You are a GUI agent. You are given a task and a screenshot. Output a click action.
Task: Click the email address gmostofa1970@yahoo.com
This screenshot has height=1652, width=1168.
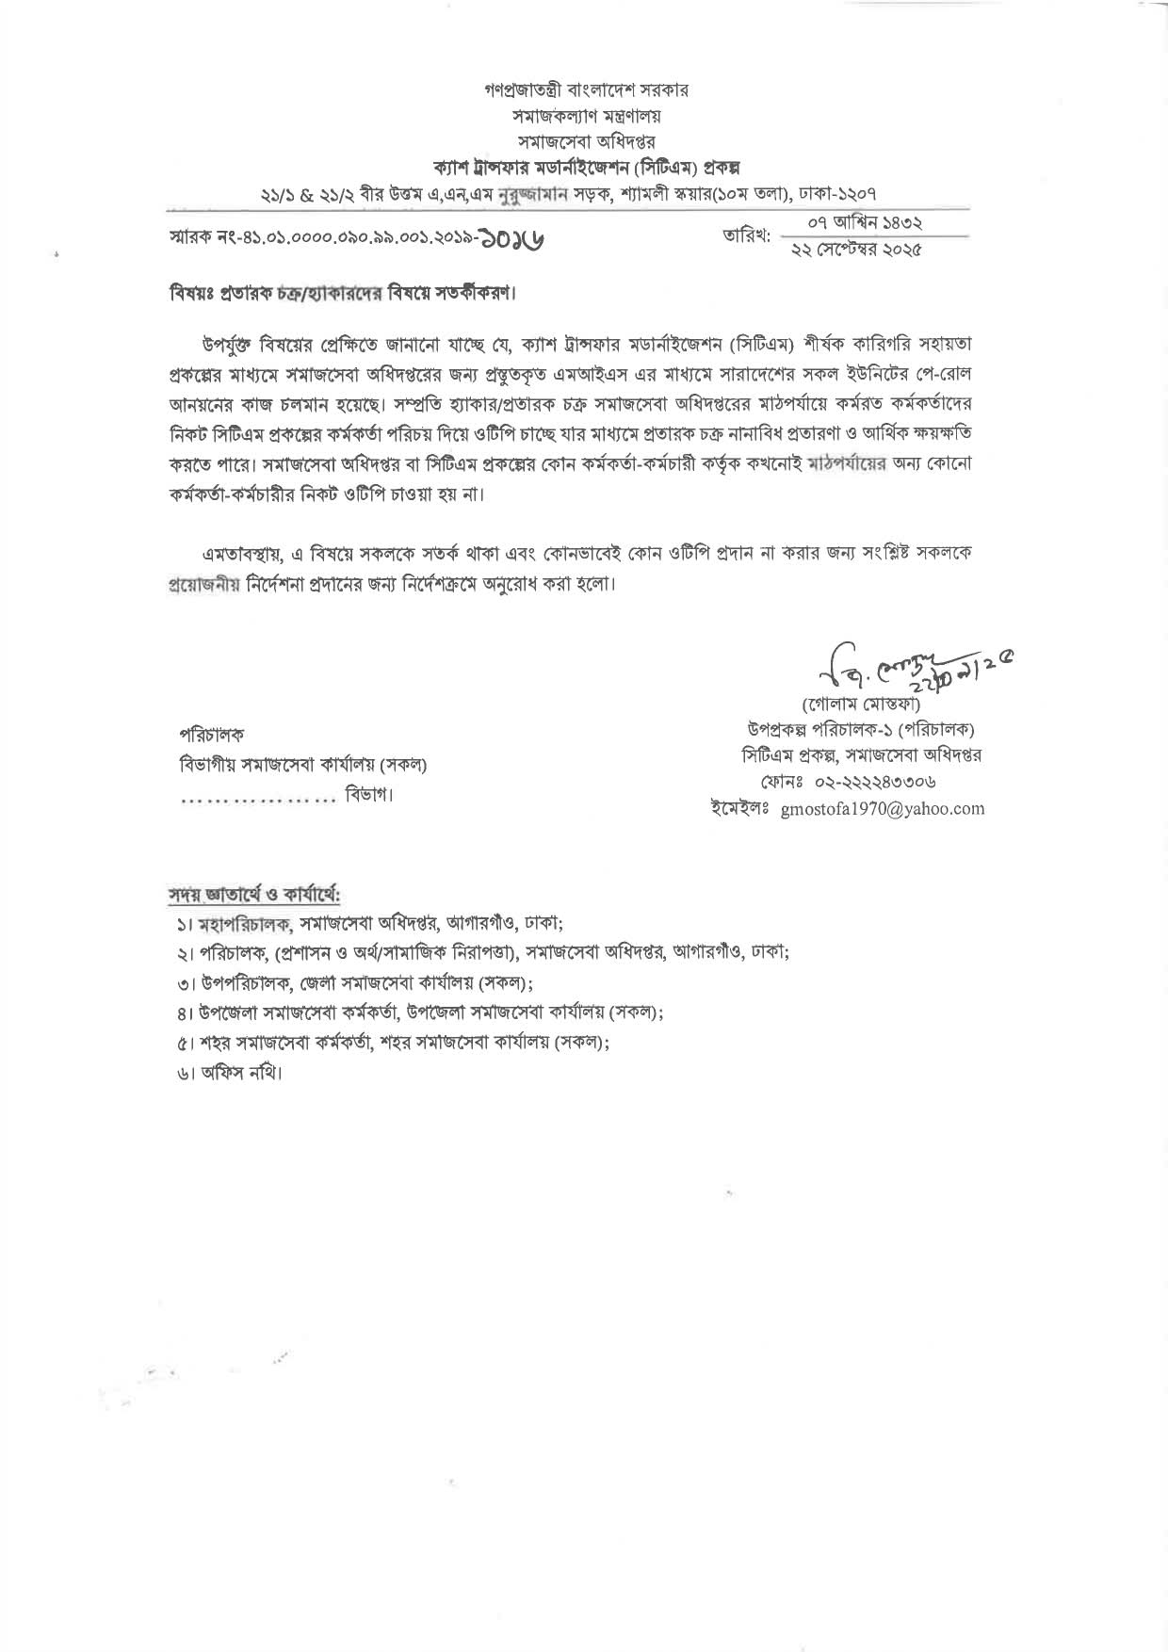[x=883, y=808]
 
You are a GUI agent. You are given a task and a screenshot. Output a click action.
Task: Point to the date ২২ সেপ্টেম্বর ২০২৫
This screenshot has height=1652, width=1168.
[x=856, y=250]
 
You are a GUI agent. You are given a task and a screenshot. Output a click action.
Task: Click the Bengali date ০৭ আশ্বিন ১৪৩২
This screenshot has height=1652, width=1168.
[x=864, y=223]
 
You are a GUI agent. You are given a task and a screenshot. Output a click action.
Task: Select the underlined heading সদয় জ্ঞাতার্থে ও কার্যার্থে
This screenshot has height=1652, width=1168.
[x=254, y=892]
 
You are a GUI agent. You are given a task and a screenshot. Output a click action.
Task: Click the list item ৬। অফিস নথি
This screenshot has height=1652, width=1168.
[x=229, y=1073]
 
